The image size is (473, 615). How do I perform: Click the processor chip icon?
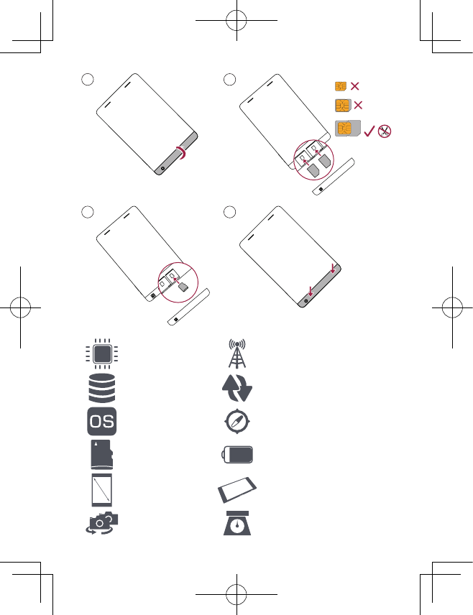click(x=101, y=354)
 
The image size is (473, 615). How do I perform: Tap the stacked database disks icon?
click(x=101, y=389)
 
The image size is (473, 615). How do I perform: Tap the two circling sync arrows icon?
click(x=236, y=389)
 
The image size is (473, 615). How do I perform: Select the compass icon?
click(x=237, y=422)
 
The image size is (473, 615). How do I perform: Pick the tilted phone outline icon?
click(x=237, y=490)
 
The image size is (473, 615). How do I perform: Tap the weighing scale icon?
click(x=236, y=524)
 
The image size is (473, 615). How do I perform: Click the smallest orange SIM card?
click(x=341, y=86)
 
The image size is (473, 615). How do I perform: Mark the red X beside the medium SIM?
click(x=359, y=106)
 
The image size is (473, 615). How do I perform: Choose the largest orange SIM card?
click(x=346, y=129)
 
